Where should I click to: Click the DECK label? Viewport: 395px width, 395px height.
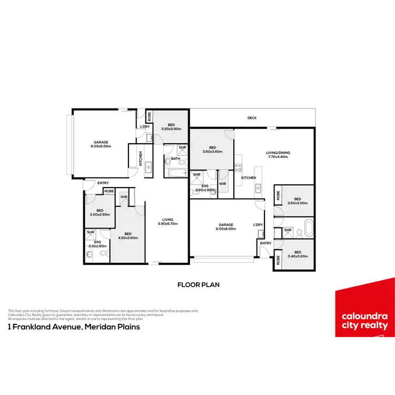[252, 118]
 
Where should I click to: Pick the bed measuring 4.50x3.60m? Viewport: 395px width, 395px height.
[127, 236]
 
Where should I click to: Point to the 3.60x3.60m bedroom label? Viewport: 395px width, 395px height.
[213, 150]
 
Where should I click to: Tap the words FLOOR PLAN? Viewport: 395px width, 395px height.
[198, 284]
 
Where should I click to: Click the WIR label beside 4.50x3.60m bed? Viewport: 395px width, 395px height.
[124, 197]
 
